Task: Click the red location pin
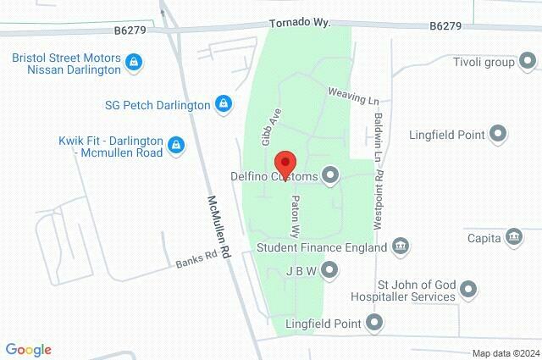(286, 164)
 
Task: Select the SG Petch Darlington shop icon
(223, 104)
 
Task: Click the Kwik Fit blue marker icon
(176, 144)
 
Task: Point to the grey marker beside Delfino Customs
(330, 176)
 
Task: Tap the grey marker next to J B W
(330, 271)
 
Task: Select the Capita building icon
(512, 235)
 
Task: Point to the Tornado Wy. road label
(299, 25)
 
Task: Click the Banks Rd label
(198, 258)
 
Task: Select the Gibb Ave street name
(269, 126)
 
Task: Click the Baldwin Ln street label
(378, 130)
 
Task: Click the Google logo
(28, 350)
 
